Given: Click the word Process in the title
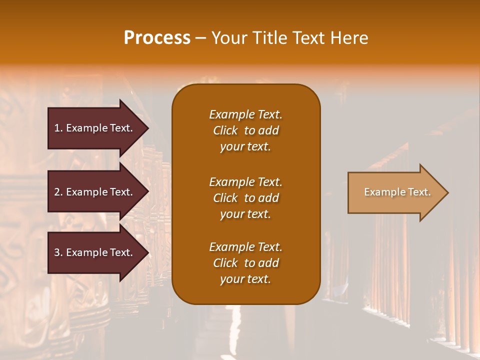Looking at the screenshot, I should (x=157, y=38).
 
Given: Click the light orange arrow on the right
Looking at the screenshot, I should (x=395, y=192).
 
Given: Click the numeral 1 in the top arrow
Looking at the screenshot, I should (x=57, y=128).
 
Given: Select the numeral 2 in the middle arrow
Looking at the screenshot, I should (x=57, y=192).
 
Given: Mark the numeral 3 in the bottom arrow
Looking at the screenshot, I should (x=57, y=252).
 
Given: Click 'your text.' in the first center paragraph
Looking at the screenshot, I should (x=245, y=147).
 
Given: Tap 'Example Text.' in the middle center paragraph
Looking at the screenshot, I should (x=245, y=181).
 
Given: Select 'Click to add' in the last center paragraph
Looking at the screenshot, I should (x=245, y=263).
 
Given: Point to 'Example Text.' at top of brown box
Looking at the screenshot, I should (x=245, y=114).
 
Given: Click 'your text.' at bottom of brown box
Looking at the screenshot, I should (x=245, y=279).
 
